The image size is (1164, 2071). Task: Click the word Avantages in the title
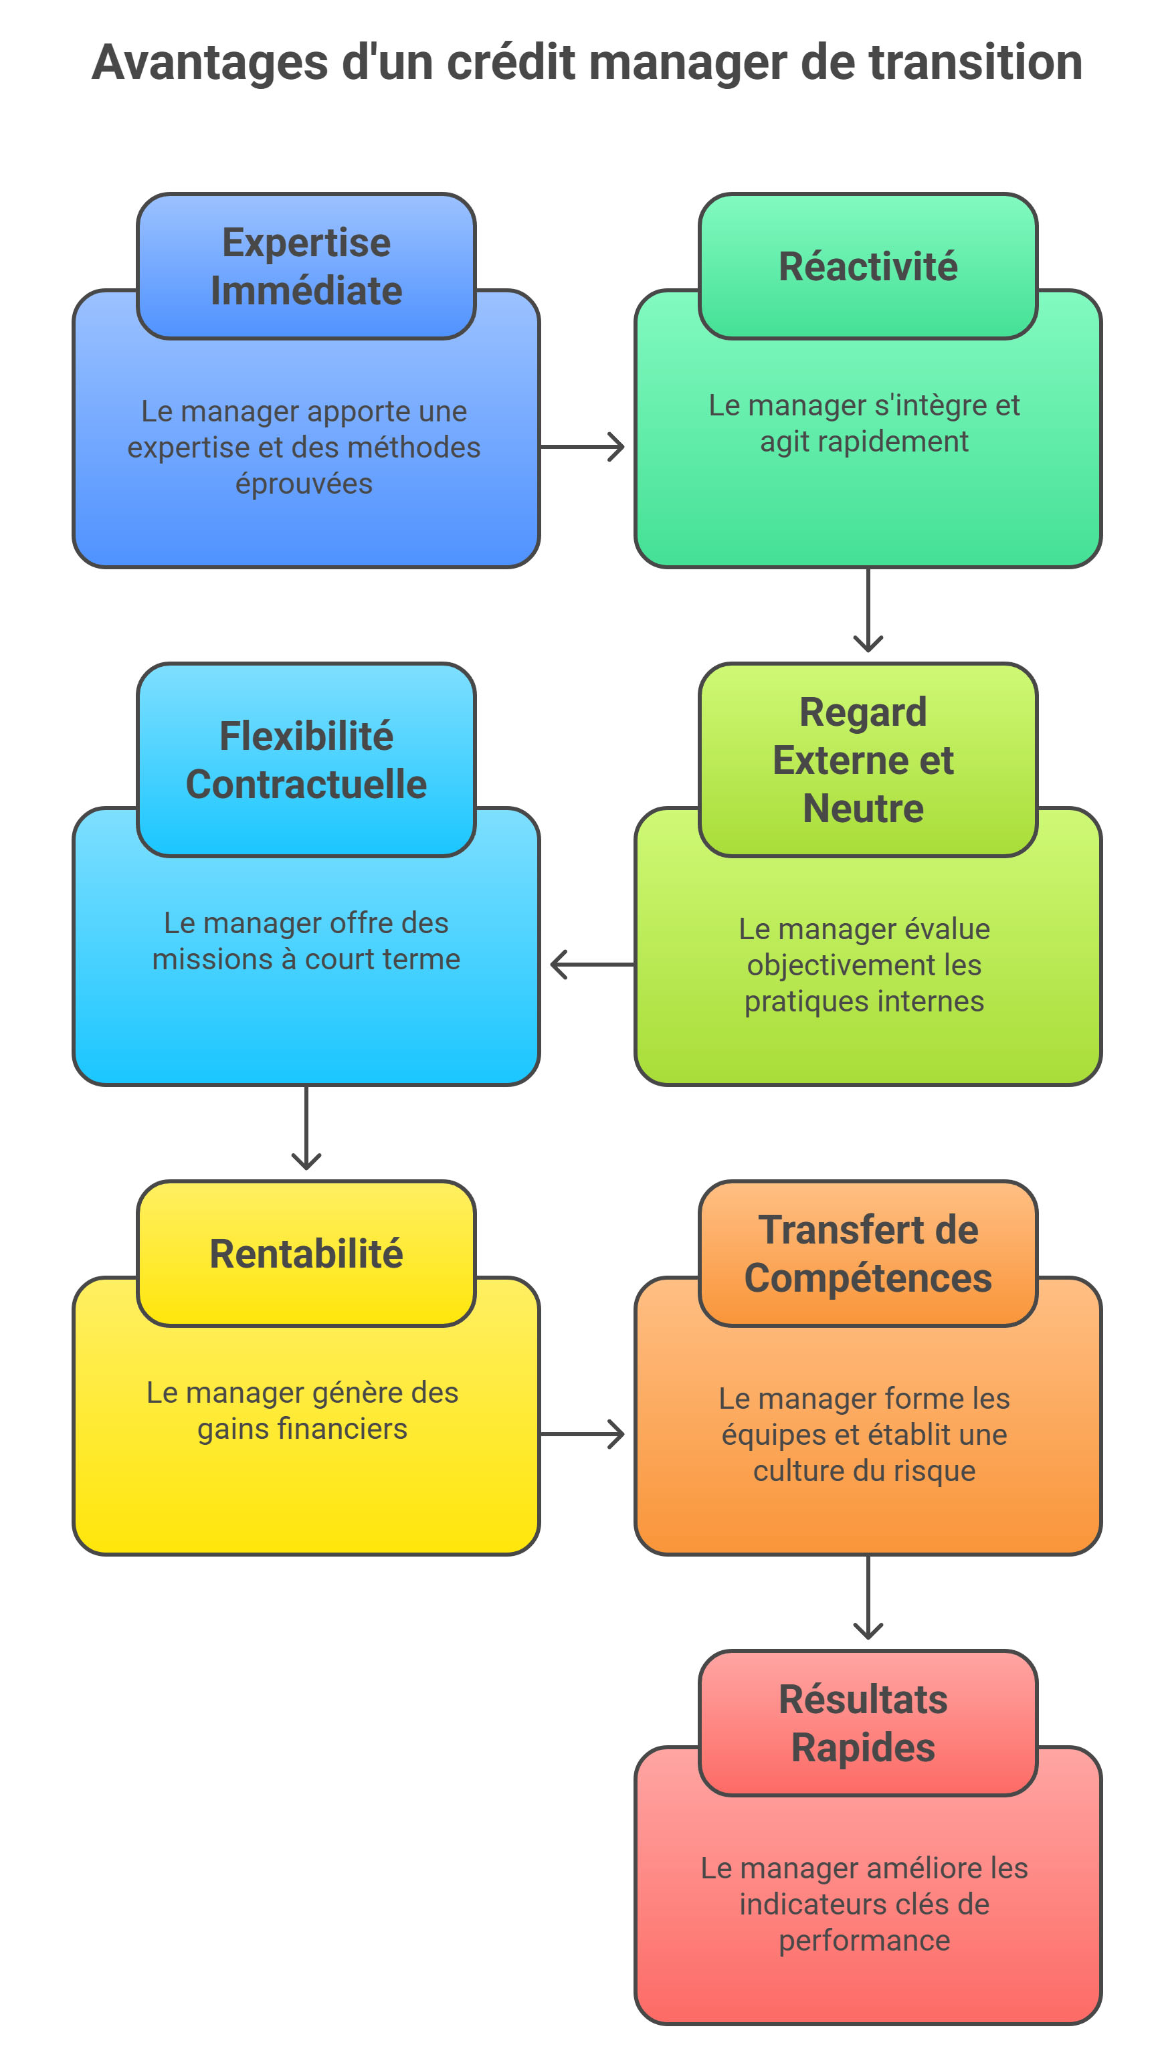coord(210,63)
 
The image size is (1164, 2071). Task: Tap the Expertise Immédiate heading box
coord(306,266)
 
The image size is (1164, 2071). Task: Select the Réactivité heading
coord(868,266)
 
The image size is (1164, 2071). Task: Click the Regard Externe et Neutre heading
coord(864,760)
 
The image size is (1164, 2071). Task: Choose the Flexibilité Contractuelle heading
coord(306,760)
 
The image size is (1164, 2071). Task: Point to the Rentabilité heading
coord(306,1254)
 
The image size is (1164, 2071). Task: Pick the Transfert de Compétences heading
coord(868,1254)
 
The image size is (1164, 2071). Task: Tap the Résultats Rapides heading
coord(864,1723)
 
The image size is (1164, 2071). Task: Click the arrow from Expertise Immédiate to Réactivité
coord(583,447)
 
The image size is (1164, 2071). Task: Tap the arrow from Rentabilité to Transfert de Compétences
coord(583,1434)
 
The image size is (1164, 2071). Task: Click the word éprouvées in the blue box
coord(304,484)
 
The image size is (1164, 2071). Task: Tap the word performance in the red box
coord(864,1940)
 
